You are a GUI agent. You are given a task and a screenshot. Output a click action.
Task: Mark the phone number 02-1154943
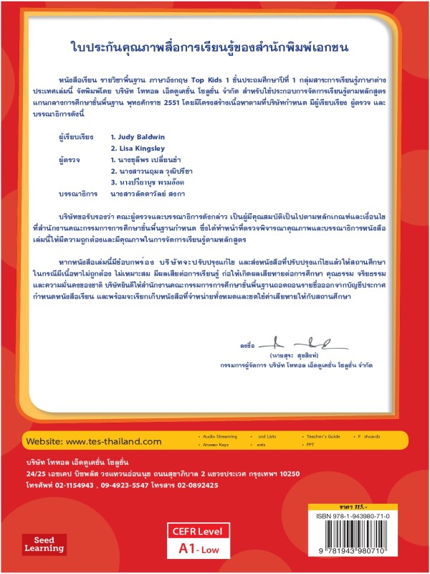74,483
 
